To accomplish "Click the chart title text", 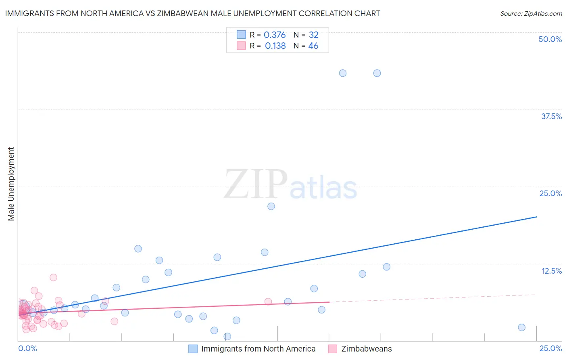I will pyautogui.click(x=192, y=13).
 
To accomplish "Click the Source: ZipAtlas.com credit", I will pyautogui.click(x=531, y=13).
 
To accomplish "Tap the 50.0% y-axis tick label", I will pyautogui.click(x=550, y=39).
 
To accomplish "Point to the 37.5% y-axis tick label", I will pyautogui.click(x=551, y=116).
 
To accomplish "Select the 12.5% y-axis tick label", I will pyautogui.click(x=551, y=270).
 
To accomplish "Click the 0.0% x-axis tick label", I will pyautogui.click(x=27, y=348).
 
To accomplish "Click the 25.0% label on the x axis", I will pyautogui.click(x=550, y=348).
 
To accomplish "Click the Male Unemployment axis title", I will pyautogui.click(x=11, y=184).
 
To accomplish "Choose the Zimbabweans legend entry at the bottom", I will pyautogui.click(x=366, y=349).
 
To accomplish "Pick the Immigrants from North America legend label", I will pyautogui.click(x=258, y=349).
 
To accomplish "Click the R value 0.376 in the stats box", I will pyautogui.click(x=275, y=35).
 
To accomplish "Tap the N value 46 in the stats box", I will pyautogui.click(x=313, y=46).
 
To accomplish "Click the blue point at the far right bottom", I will pyautogui.click(x=521, y=327).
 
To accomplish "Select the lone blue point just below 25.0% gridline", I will pyautogui.click(x=271, y=206).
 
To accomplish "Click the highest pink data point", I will pyautogui.click(x=53, y=277).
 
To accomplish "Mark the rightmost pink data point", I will pyautogui.click(x=268, y=301).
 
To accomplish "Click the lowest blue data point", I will pyautogui.click(x=227, y=336).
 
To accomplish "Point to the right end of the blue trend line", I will pyautogui.click(x=536, y=217).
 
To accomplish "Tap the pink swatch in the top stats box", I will pyautogui.click(x=241, y=46).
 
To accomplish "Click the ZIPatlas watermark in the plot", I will pyautogui.click(x=290, y=185).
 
